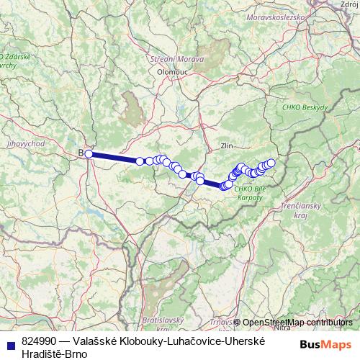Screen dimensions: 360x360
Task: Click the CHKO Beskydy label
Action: pyautogui.click(x=305, y=107)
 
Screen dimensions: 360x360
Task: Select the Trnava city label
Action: pyautogui.click(x=220, y=322)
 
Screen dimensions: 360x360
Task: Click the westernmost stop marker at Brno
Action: pyautogui.click(x=88, y=153)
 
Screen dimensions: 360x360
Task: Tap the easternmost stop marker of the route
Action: pyautogui.click(x=271, y=163)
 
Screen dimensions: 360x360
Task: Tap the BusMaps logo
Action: pyautogui.click(x=325, y=345)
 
